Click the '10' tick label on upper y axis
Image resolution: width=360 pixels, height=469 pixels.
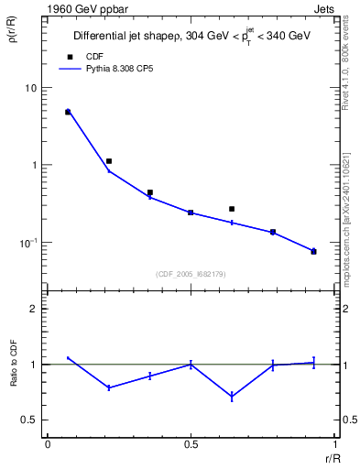point(30,88)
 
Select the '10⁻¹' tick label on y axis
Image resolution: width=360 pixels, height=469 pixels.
point(28,243)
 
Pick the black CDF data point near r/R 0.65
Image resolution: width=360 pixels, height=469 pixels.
point(232,209)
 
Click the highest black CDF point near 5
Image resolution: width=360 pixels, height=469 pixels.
point(68,112)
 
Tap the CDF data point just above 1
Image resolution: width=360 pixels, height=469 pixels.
point(109,161)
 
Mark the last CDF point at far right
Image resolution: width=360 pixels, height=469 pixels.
point(313,251)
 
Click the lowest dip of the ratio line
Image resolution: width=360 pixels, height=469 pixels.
point(232,397)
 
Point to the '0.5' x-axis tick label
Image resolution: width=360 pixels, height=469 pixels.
point(191,444)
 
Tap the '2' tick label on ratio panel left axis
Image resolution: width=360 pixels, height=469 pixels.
point(33,309)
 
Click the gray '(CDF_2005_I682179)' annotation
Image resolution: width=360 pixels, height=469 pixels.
point(191,272)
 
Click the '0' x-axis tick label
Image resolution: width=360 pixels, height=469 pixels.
point(48,444)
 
